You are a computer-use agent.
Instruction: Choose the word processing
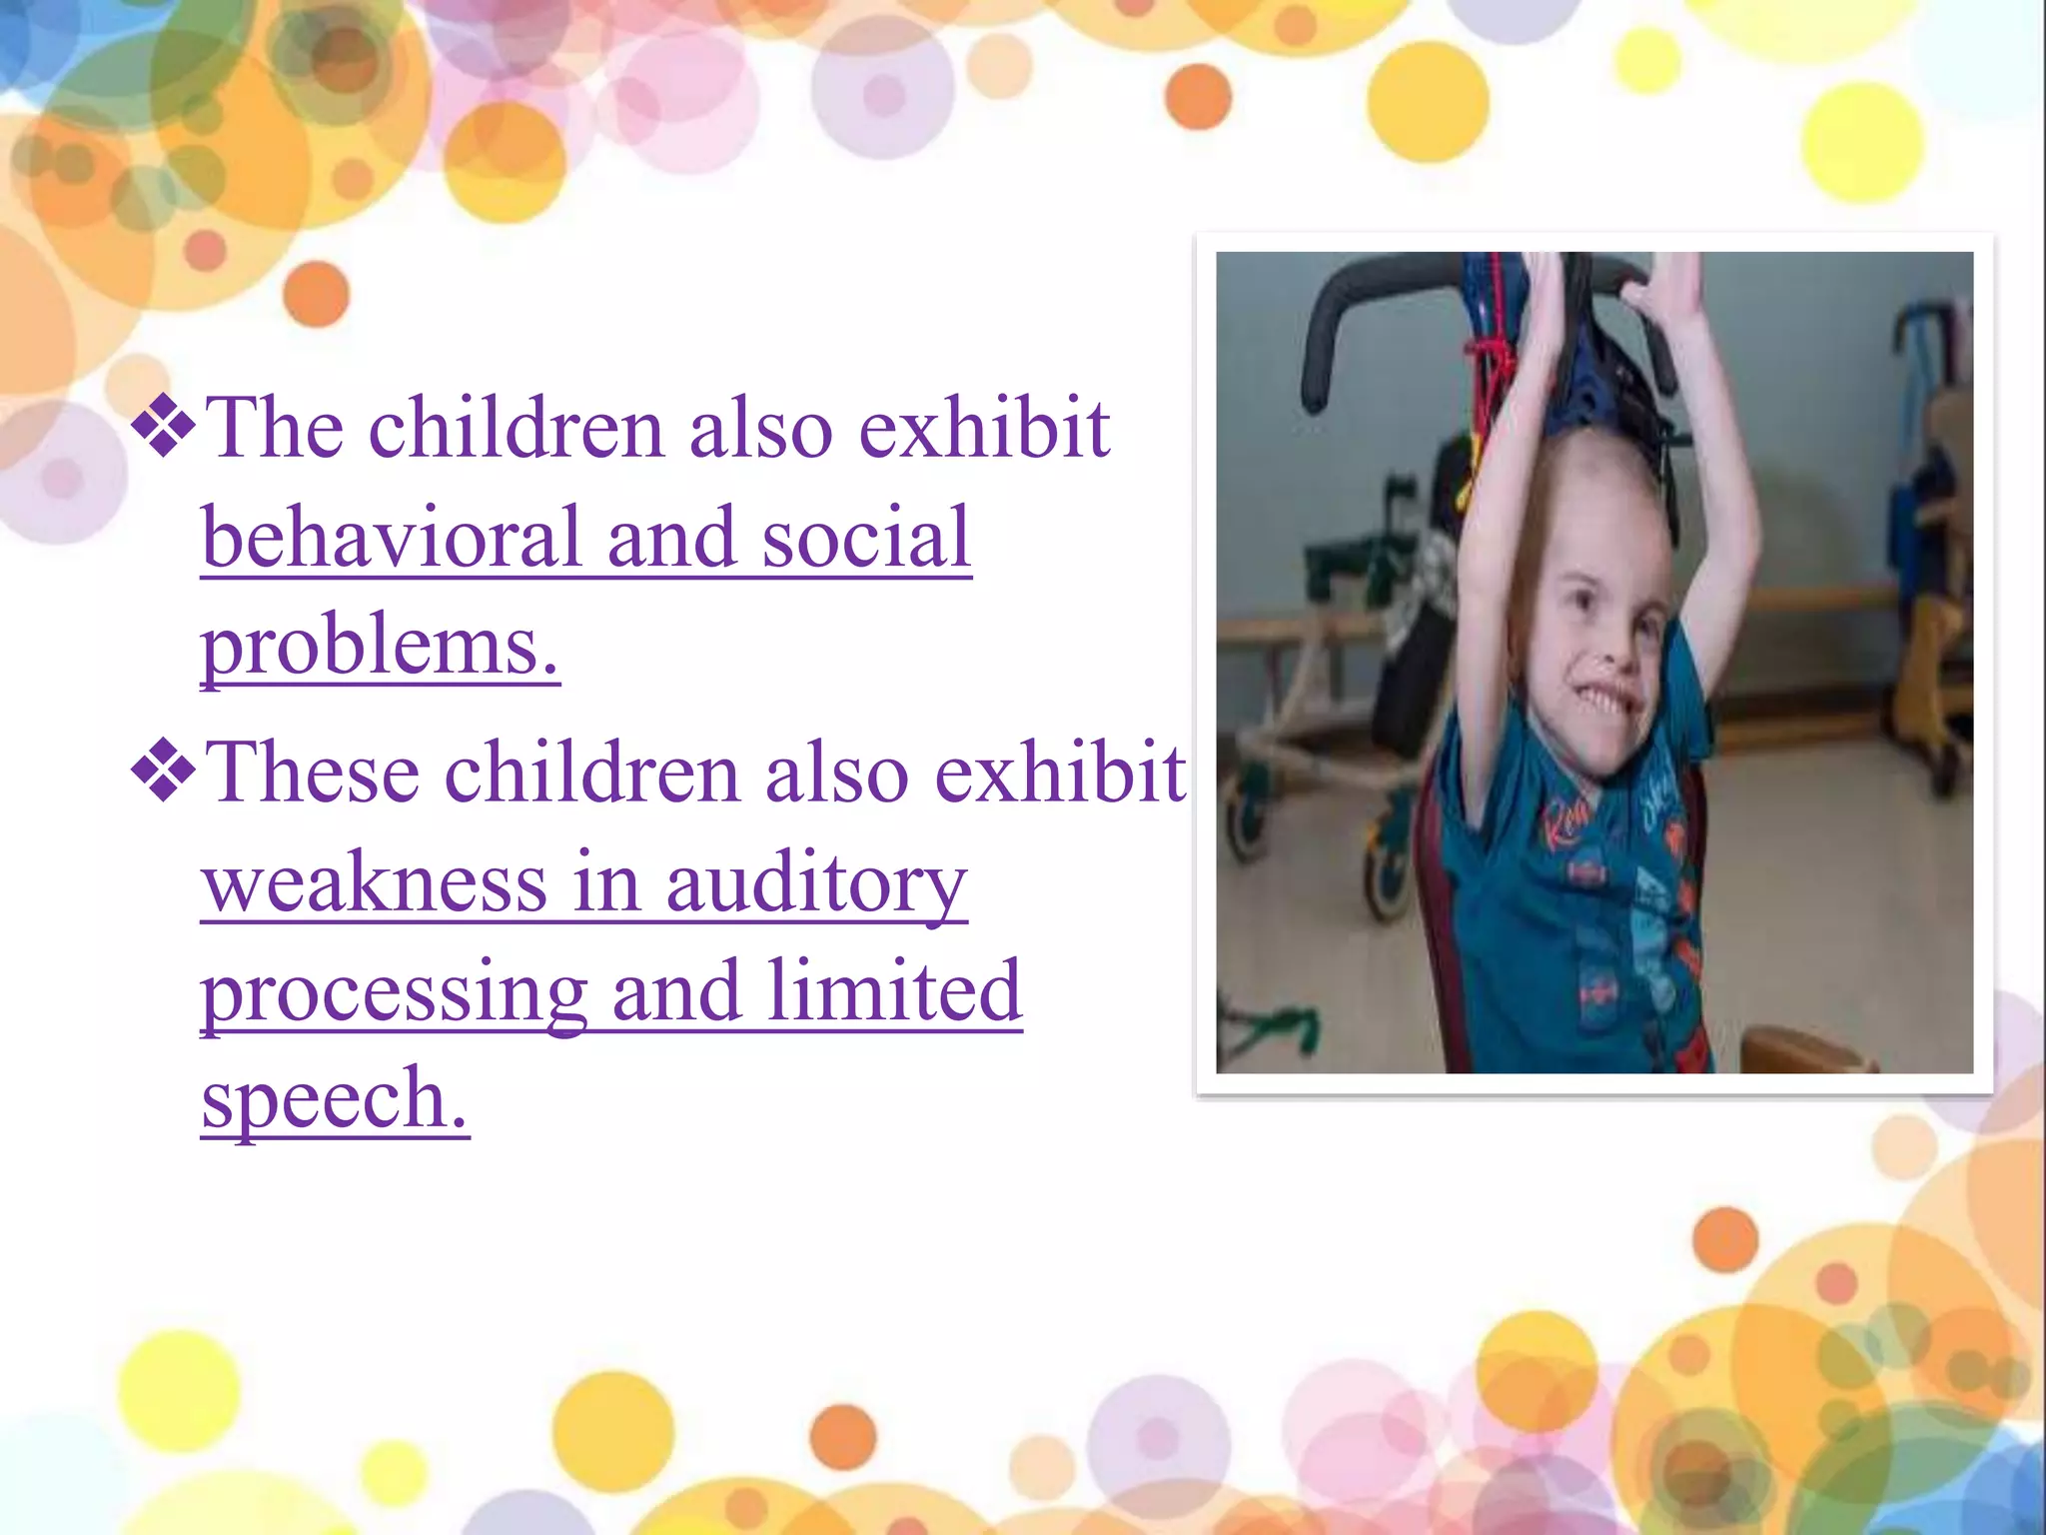395,993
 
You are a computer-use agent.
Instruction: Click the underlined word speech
335,1099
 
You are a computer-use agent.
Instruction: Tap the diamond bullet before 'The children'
163,428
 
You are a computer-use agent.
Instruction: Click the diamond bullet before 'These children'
163,772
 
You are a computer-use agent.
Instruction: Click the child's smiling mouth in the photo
1604,701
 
